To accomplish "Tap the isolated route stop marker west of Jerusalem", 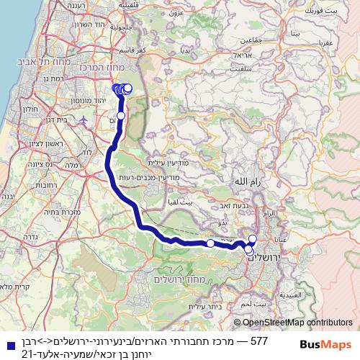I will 210,243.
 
